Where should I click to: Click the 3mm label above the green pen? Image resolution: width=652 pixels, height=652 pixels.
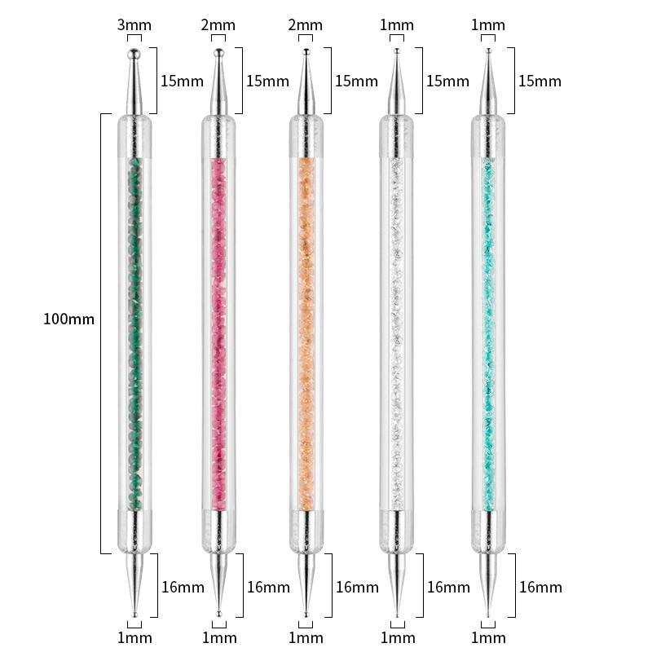pyautogui.click(x=134, y=25)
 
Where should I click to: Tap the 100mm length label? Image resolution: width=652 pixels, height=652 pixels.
pyautogui.click(x=68, y=319)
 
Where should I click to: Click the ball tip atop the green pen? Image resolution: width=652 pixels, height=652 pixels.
pyautogui.click(x=134, y=54)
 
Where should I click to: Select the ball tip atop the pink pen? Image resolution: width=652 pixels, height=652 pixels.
pyautogui.click(x=218, y=53)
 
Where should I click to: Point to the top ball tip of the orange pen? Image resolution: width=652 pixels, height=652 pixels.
pyautogui.click(x=306, y=52)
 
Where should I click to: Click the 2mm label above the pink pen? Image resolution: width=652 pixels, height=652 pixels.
pyautogui.click(x=218, y=25)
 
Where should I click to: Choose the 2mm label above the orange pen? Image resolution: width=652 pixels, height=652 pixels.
pyautogui.click(x=305, y=25)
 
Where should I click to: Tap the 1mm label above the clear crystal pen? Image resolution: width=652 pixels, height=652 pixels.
pyautogui.click(x=397, y=25)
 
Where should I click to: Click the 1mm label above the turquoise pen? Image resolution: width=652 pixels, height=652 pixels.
pyautogui.click(x=487, y=25)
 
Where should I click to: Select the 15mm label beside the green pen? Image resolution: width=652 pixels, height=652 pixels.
pyautogui.click(x=182, y=81)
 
